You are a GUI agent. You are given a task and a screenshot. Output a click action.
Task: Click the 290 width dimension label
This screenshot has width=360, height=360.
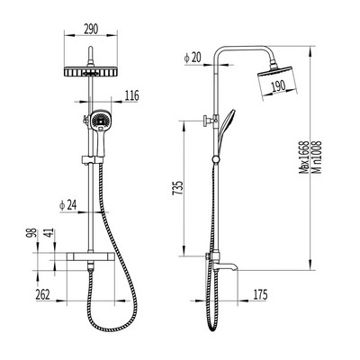click(x=91, y=30)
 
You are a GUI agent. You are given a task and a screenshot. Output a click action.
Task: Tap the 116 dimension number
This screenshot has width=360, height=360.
click(x=131, y=95)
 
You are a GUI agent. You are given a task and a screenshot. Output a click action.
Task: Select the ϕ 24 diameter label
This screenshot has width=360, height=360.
click(x=68, y=205)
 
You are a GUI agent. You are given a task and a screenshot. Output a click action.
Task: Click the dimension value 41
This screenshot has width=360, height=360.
click(x=50, y=233)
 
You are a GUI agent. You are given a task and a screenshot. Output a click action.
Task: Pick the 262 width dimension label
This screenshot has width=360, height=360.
click(x=43, y=294)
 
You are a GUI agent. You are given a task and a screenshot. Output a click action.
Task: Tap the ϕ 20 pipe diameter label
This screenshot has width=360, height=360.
click(x=193, y=58)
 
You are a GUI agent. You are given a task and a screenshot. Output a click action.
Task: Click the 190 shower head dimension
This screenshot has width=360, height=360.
click(x=278, y=86)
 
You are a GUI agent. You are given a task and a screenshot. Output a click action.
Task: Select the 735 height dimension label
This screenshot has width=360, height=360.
click(x=177, y=188)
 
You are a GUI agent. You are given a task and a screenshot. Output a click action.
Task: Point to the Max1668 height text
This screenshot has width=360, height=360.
click(x=304, y=157)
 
